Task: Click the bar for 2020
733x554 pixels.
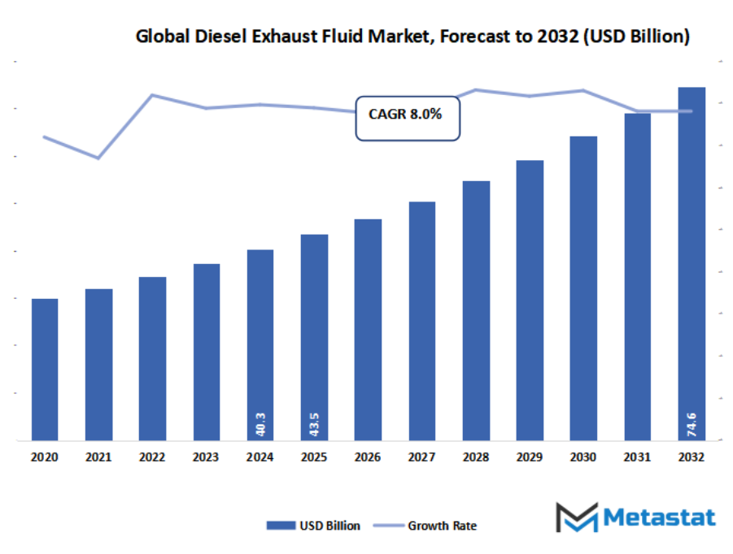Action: point(45,370)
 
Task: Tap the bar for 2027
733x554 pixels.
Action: point(422,321)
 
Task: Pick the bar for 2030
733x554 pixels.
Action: point(583,288)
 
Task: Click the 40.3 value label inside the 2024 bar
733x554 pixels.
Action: point(260,423)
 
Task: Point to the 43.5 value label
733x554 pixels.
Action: point(314,423)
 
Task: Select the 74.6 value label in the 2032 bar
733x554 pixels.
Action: point(692,423)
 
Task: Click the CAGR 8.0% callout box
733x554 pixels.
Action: point(407,119)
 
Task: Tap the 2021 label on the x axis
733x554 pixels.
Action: point(98,458)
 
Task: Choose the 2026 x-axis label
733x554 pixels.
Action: point(368,458)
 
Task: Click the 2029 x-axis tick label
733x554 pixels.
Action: point(530,458)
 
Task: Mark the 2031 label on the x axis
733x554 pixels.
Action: point(637,458)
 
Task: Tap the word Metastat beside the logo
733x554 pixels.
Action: point(659,517)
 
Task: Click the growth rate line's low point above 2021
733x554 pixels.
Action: point(98,158)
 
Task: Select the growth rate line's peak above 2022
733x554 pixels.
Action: point(152,95)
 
